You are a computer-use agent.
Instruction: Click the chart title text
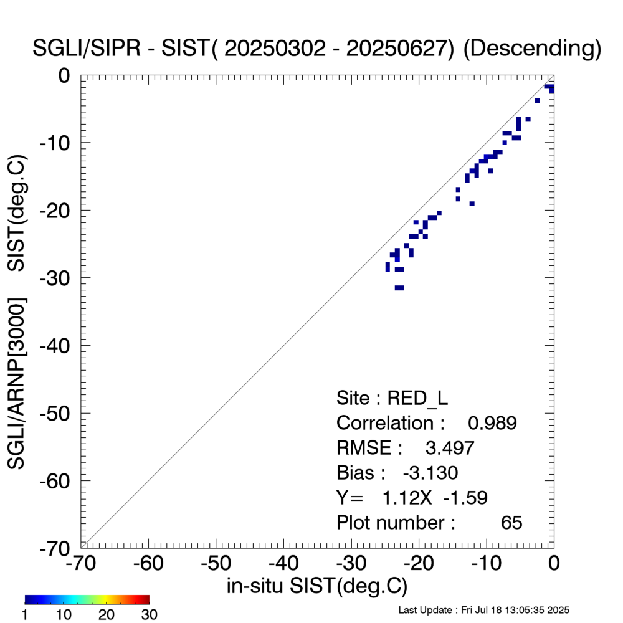click(316, 49)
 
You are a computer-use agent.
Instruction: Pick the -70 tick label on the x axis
click(81, 564)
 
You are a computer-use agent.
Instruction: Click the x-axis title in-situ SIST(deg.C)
click(316, 586)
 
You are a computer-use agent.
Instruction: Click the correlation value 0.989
click(492, 423)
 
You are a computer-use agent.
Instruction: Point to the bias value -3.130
click(430, 473)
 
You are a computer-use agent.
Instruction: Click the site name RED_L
click(418, 398)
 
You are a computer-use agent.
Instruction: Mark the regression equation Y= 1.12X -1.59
click(412, 498)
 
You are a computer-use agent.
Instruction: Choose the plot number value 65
click(511, 523)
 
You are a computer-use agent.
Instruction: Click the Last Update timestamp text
click(483, 609)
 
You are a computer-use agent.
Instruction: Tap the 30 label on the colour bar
click(148, 615)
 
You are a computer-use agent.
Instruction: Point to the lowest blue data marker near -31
click(399, 288)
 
